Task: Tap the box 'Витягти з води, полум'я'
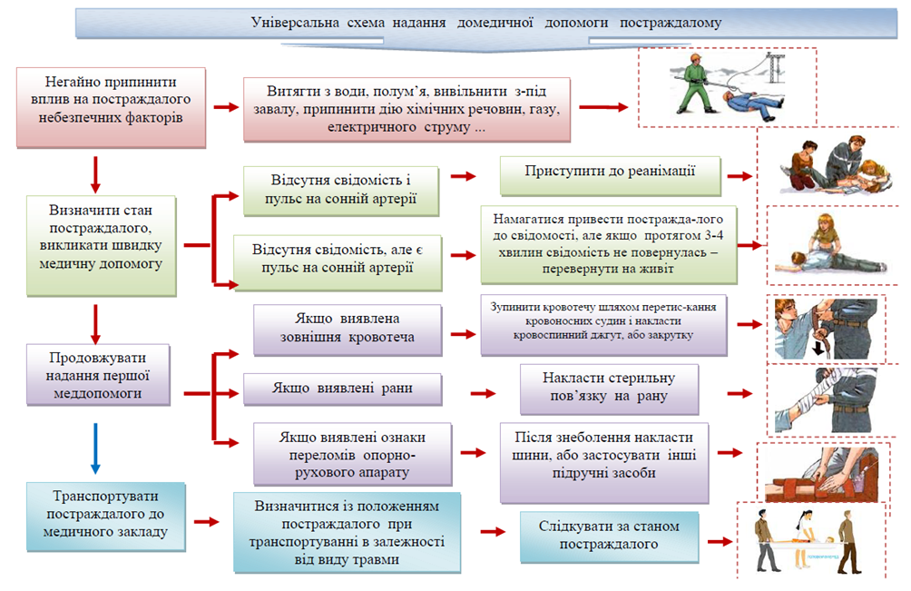(407, 109)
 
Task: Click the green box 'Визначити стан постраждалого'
(102, 245)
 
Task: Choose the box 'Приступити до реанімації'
(610, 172)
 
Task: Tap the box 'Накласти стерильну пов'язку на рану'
(609, 388)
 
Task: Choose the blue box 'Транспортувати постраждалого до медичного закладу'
(107, 517)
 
